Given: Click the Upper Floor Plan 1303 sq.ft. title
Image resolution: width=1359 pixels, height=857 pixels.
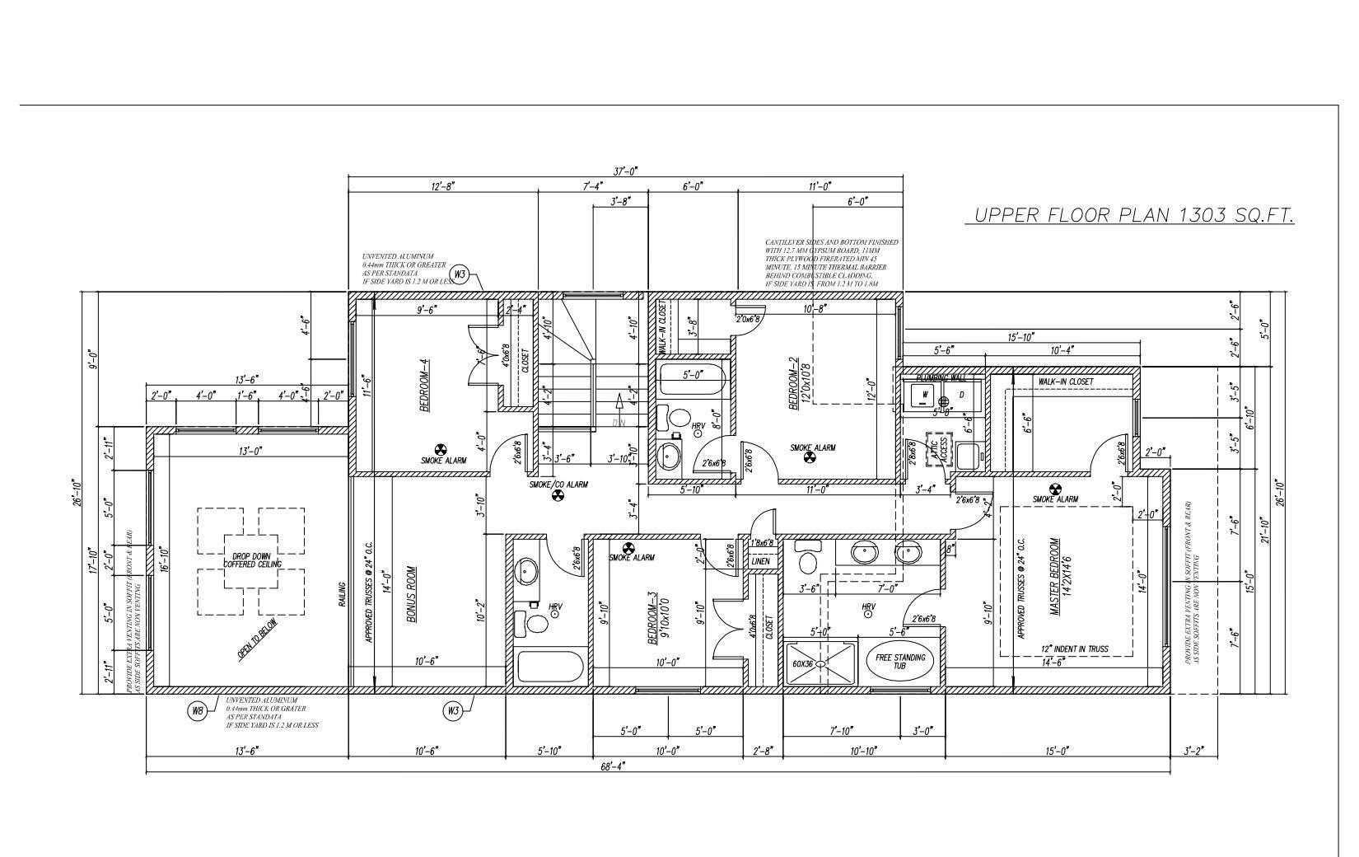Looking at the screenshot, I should tap(1133, 215).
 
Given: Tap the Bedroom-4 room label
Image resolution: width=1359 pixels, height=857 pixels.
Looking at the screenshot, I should tap(425, 386).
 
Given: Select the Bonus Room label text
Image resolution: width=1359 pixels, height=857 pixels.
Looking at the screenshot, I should tap(411, 593).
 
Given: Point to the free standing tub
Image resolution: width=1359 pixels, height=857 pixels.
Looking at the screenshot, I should tap(899, 661).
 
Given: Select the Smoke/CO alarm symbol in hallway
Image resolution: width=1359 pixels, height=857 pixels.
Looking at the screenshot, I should tap(558, 495).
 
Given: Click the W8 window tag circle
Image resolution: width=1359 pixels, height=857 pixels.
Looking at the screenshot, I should tap(197, 711).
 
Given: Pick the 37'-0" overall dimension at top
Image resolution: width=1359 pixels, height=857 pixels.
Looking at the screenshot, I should tap(625, 171).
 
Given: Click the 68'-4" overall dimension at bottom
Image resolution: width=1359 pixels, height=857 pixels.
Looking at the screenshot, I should tap(612, 766).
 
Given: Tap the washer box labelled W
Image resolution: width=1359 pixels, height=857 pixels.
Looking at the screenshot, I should tap(925, 395).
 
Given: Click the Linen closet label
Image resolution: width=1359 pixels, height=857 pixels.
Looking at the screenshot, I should tap(760, 561).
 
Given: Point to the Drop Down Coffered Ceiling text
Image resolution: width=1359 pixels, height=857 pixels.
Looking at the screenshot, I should tap(252, 560).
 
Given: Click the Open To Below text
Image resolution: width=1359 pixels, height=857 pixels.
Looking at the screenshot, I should tap(258, 639).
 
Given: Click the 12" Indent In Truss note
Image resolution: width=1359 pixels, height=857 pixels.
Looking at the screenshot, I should tap(1074, 649).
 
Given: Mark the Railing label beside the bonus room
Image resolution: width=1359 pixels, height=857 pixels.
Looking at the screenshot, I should tap(343, 596).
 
